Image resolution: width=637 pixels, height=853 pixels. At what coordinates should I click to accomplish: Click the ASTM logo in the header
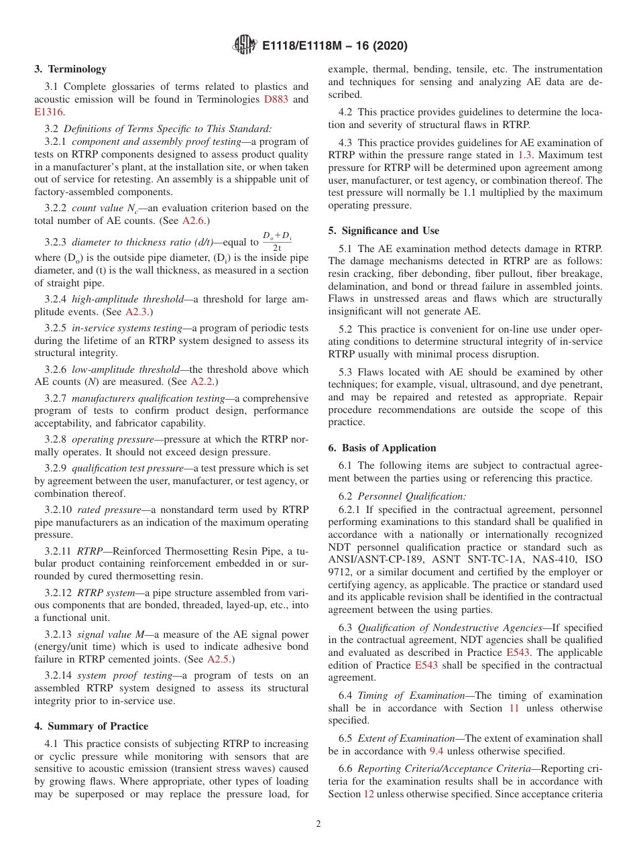click(244, 45)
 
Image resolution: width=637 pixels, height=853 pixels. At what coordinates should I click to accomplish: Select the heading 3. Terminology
click(70, 69)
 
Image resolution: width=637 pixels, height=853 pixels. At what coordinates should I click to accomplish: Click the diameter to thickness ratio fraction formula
click(277, 241)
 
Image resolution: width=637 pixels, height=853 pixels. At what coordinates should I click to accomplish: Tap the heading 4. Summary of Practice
click(91, 726)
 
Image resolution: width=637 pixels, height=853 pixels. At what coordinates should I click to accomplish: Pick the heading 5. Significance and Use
click(384, 231)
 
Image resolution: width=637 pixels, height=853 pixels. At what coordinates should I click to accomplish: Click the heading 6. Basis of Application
click(382, 448)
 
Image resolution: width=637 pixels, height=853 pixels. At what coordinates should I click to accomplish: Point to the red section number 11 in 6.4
click(514, 708)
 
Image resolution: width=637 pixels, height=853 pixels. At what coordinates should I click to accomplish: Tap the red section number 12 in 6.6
click(368, 794)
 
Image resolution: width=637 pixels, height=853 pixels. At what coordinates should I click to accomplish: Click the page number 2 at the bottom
click(318, 824)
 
